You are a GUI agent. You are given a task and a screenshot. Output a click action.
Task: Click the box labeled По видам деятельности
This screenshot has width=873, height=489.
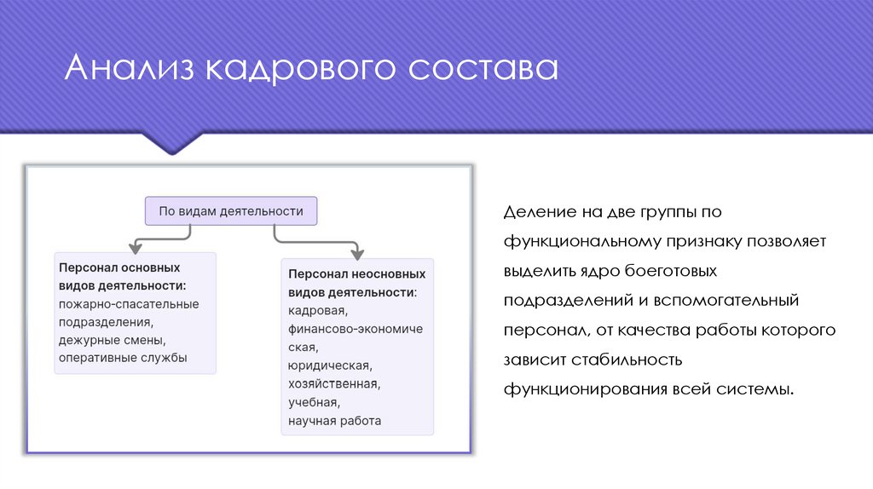231,210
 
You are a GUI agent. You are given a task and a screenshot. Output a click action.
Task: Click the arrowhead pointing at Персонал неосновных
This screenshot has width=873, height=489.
357,254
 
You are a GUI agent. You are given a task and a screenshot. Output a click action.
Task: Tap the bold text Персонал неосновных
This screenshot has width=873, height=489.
356,274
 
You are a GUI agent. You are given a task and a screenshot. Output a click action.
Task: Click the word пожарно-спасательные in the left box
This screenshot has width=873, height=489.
129,303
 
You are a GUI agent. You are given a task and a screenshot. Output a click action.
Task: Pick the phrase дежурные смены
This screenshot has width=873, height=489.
112,340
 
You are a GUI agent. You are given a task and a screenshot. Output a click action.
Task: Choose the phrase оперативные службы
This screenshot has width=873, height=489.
123,358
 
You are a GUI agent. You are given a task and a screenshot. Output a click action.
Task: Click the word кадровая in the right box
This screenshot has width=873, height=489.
316,310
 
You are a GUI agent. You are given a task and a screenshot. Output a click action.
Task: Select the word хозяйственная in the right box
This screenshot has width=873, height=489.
333,384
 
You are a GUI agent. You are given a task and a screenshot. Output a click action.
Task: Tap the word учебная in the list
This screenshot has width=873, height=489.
314,402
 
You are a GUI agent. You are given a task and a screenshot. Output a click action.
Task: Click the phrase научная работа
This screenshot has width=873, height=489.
334,421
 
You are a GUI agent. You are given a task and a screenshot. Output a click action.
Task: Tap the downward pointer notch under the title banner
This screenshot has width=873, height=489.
173,144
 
